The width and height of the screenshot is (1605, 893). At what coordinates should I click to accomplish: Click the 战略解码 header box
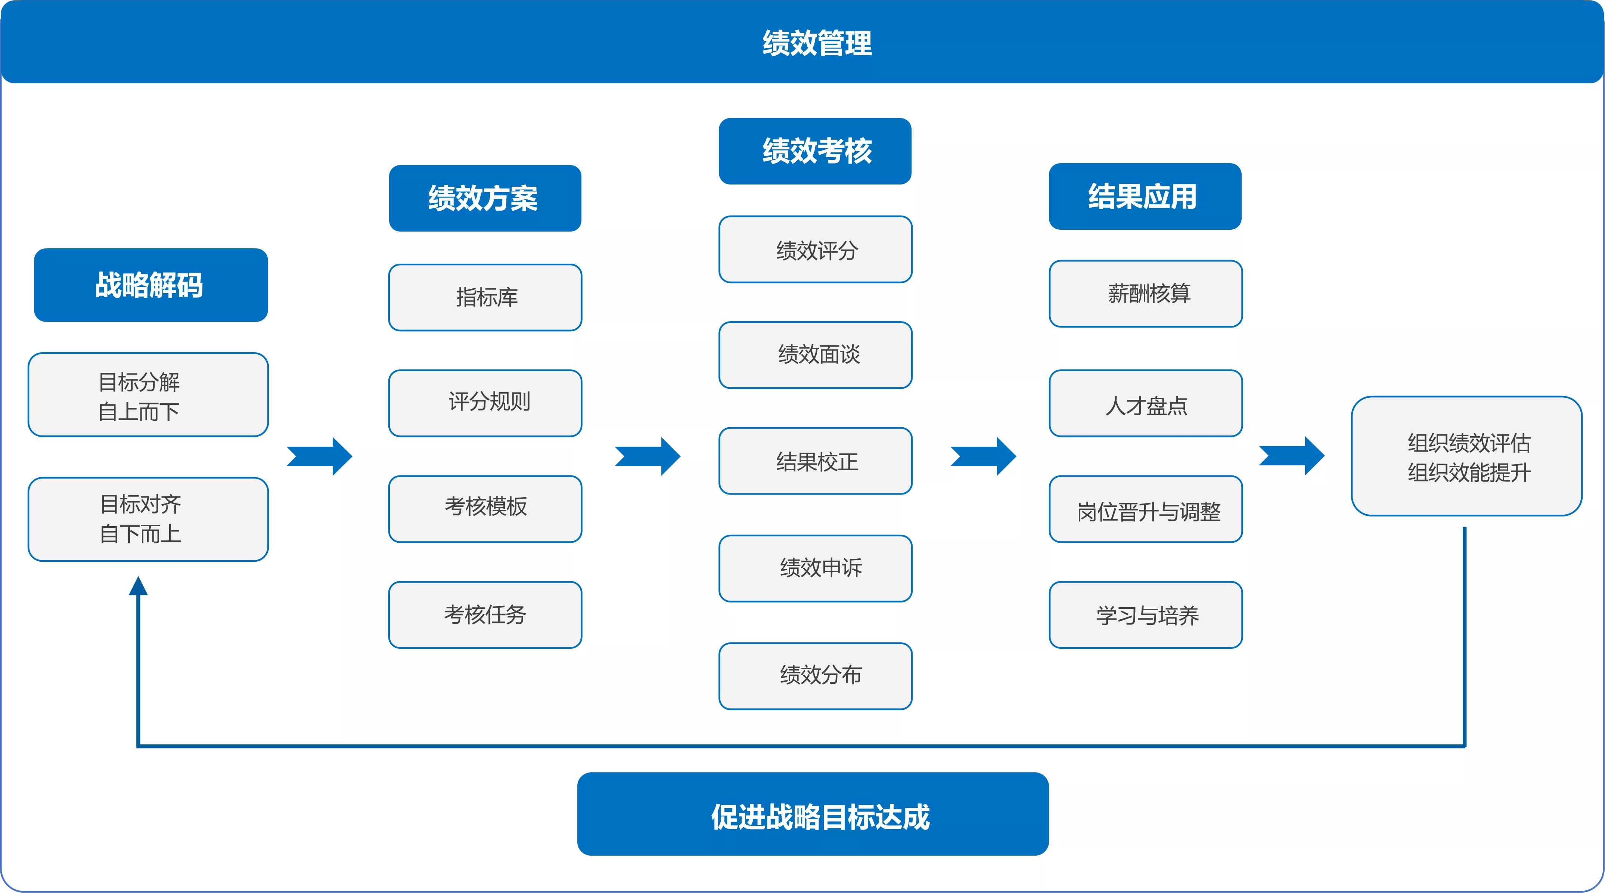(x=151, y=285)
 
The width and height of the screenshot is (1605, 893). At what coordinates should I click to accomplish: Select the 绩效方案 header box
(x=485, y=198)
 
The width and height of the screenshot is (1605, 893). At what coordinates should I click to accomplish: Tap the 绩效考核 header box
(x=815, y=151)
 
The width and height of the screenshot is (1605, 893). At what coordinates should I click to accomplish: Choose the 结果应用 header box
(x=1145, y=196)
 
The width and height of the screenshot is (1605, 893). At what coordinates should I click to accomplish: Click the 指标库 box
(x=485, y=297)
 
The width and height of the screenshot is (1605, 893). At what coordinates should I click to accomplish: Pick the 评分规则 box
(x=485, y=403)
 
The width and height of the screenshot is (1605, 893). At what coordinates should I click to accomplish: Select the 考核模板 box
(x=485, y=509)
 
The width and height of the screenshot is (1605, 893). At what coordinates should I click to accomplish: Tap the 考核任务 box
(x=485, y=614)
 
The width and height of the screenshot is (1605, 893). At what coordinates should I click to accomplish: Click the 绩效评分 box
(x=815, y=249)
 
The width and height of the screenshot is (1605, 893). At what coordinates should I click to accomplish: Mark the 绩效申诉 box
(x=815, y=568)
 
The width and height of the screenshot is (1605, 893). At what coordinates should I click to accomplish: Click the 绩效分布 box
(x=815, y=676)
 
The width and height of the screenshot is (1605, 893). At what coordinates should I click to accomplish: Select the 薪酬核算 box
(x=1145, y=294)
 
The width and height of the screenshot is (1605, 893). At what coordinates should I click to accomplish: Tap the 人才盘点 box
(x=1145, y=403)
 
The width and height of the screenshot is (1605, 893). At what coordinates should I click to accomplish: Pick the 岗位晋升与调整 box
(x=1145, y=509)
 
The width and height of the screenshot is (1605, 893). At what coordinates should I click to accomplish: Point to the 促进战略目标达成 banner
(x=813, y=814)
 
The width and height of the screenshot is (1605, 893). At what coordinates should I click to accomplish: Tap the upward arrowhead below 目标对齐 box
(x=138, y=586)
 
